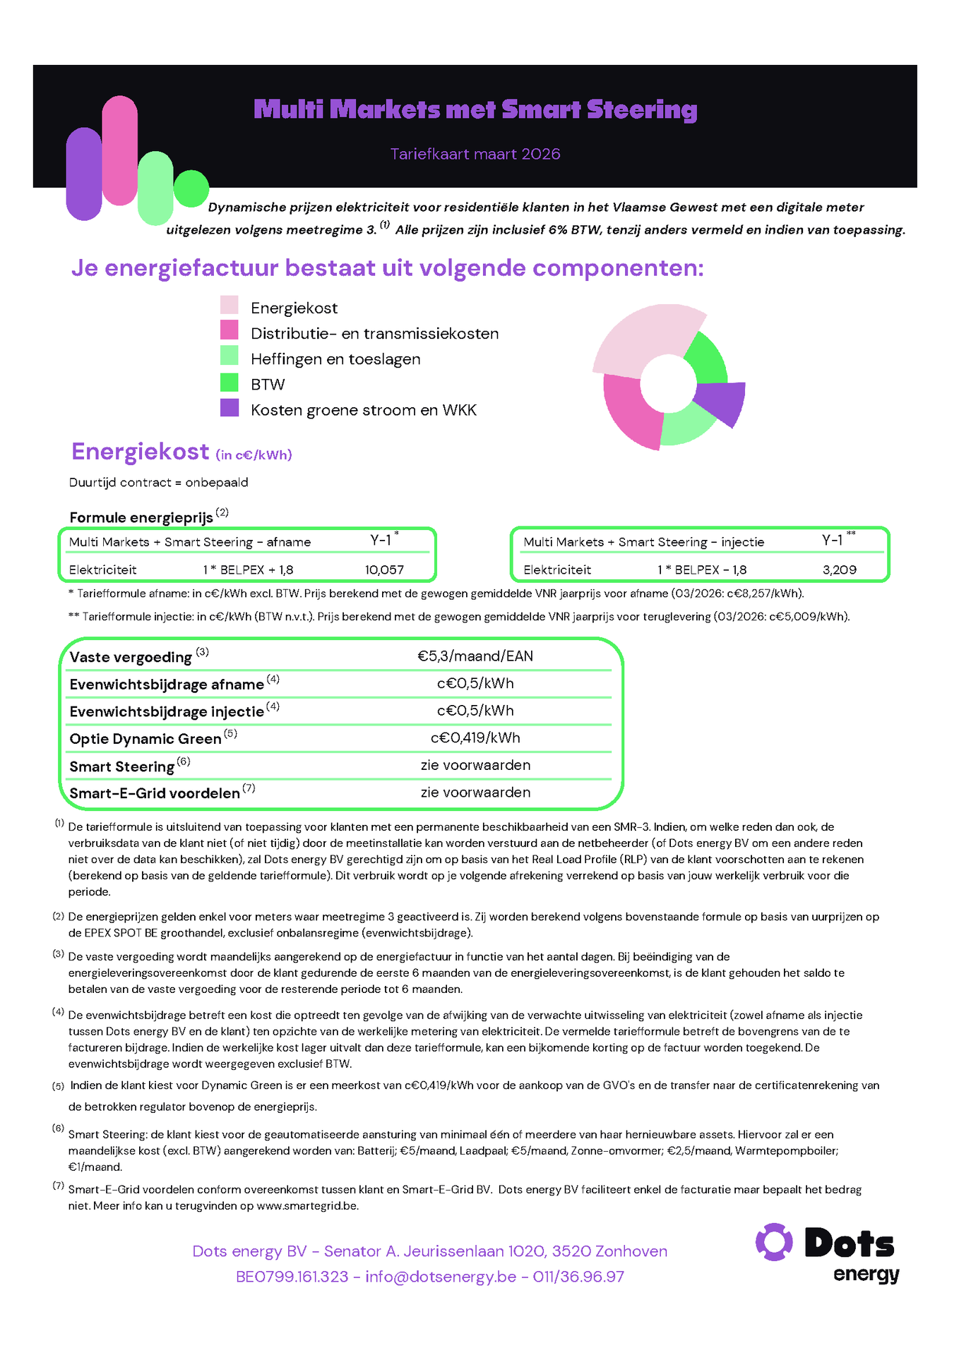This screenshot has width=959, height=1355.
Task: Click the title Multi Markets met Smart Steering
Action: click(475, 110)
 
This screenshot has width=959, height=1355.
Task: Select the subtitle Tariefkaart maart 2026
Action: click(475, 154)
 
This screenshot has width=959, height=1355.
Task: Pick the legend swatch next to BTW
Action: click(230, 383)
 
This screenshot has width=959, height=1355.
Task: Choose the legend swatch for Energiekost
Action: click(230, 306)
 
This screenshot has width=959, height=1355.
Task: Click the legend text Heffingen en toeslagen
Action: click(335, 359)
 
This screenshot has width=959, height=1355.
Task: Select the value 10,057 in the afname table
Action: click(384, 570)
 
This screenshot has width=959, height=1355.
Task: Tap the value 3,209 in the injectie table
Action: click(839, 570)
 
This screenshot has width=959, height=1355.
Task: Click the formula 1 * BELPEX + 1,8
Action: click(248, 570)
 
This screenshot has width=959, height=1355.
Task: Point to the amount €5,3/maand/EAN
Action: click(475, 656)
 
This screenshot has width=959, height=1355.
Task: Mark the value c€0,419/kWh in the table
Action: click(475, 738)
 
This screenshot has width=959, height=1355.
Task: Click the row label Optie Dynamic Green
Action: click(145, 739)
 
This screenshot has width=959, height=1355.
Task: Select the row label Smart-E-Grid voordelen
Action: click(155, 793)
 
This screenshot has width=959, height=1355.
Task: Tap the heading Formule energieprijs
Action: click(141, 517)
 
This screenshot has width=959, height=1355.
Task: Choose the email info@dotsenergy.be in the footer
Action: click(441, 1277)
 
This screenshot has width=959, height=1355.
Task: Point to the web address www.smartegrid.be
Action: click(307, 1206)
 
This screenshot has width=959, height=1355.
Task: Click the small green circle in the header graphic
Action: click(191, 188)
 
